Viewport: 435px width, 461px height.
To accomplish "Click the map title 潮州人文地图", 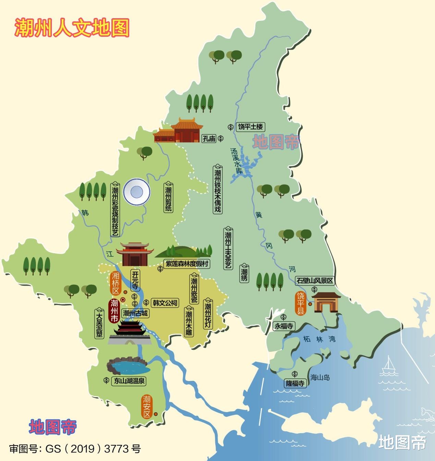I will click(x=72, y=27).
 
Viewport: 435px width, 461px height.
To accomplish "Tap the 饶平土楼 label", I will click(x=251, y=127).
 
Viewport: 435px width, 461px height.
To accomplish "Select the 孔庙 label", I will click(x=209, y=139).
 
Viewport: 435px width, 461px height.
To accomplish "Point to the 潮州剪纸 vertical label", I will click(x=168, y=198).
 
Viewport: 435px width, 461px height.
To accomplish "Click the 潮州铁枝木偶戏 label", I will click(x=217, y=189).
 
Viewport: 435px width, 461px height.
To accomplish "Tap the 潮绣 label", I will click(x=244, y=273).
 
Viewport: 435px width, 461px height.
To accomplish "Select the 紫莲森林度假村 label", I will click(x=187, y=264).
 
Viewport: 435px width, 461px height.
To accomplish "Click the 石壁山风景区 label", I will click(x=315, y=281).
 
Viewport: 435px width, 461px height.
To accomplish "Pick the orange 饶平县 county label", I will click(x=300, y=303).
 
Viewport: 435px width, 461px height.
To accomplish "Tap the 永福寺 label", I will click(x=284, y=326).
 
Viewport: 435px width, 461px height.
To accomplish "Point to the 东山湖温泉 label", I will click(x=129, y=381).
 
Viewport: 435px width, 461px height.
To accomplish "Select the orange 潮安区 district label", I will click(x=147, y=406).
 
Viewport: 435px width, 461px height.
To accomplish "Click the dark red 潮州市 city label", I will click(x=114, y=310).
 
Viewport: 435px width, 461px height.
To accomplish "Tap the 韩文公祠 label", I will click(x=165, y=303).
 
